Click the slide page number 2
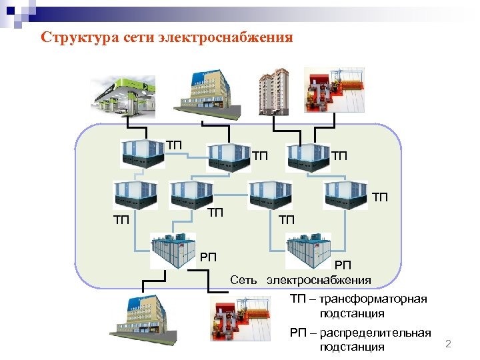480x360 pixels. pos(448,344)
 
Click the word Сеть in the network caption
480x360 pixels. pos(245,279)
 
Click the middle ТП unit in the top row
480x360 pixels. pos(229,158)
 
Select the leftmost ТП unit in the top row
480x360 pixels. pos(143,154)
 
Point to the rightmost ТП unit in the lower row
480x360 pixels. pos(345,194)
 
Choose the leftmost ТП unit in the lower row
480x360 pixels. pos(135,194)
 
